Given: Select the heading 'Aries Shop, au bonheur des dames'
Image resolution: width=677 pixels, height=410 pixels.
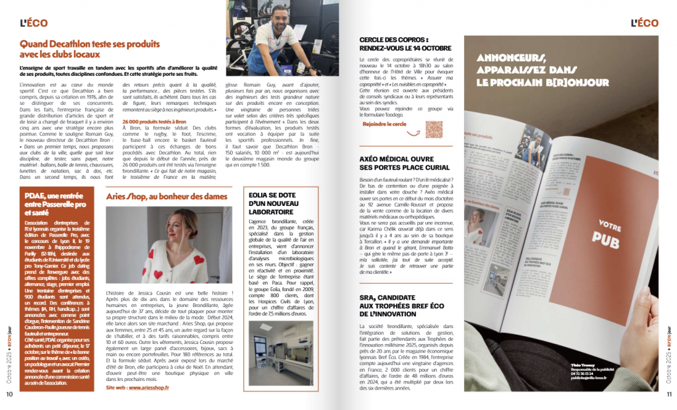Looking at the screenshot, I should pos(167,196).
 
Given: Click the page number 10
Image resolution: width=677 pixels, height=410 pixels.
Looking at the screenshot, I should pos(9,394).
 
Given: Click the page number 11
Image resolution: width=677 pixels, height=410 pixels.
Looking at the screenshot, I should pos(668,394).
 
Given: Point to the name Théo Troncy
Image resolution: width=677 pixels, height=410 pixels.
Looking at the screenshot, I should pos(566,364).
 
